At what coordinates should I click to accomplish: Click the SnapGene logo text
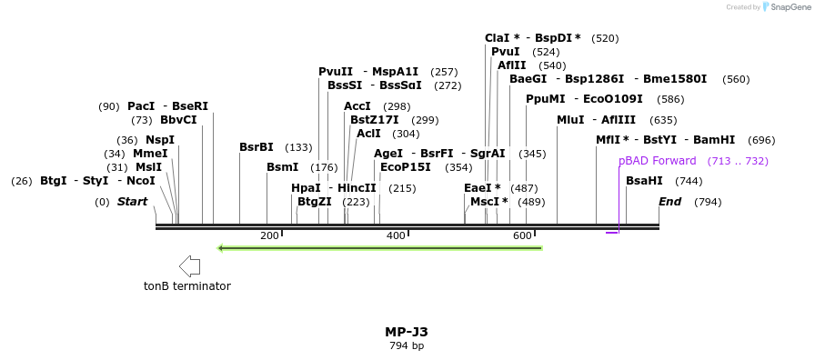[x=787, y=7]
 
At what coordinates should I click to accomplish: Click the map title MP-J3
[x=406, y=332]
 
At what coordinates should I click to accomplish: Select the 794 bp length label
[x=406, y=346]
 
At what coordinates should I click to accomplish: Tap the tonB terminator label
[x=186, y=286]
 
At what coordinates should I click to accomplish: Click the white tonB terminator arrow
[x=189, y=266]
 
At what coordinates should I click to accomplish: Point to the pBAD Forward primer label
[x=657, y=161]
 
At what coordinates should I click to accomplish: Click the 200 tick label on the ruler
[x=269, y=236]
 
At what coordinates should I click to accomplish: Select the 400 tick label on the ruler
[x=396, y=236]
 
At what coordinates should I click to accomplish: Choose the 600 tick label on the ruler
[x=522, y=236]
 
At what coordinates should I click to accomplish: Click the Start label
[x=132, y=202]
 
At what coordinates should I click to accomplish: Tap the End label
[x=669, y=202]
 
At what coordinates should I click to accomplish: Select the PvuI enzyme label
[x=505, y=52]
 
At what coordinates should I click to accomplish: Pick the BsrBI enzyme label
[x=256, y=147]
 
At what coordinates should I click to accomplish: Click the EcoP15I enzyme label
[x=406, y=167]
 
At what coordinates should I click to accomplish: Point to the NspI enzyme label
[x=159, y=140]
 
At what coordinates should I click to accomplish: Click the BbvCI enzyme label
[x=178, y=120]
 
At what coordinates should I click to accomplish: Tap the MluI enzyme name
[x=570, y=120]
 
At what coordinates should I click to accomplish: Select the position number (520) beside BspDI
[x=605, y=38]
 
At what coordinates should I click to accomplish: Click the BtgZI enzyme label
[x=315, y=202]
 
